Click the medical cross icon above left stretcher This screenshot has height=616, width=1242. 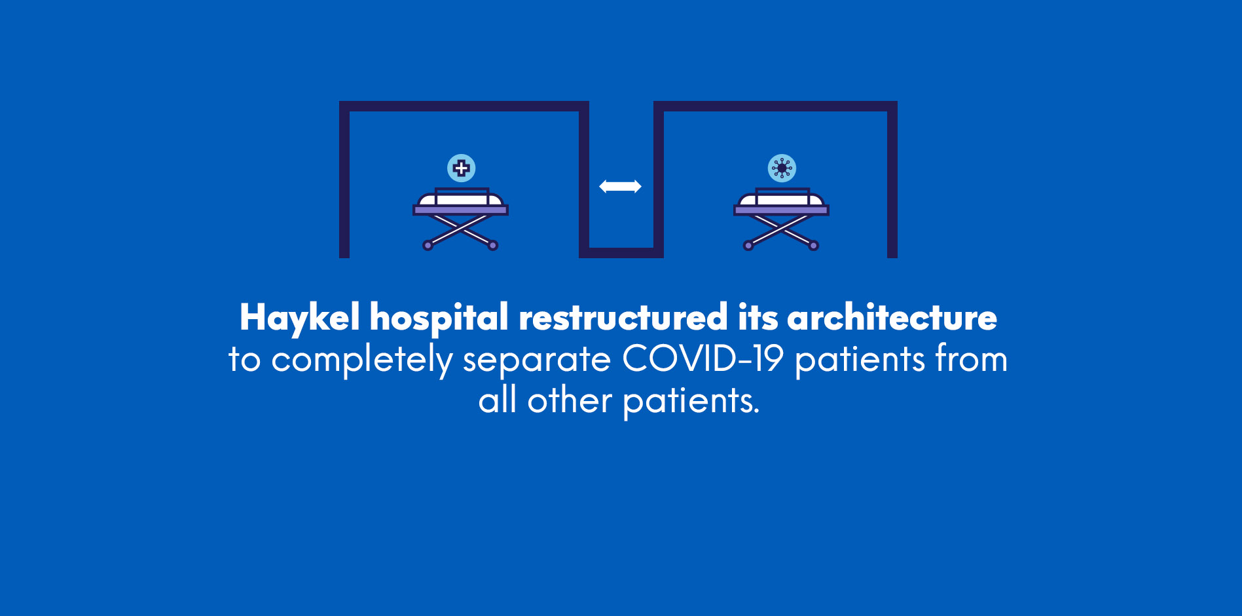point(461,168)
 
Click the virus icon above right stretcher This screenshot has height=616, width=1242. point(782,168)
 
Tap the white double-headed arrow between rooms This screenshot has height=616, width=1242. point(620,187)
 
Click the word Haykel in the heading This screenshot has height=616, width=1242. point(299,318)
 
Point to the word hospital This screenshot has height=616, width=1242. point(439,318)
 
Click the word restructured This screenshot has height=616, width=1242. point(623,318)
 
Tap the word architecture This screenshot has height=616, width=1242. point(892,318)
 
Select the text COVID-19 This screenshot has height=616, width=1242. point(703,359)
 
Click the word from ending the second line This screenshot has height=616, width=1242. point(971,359)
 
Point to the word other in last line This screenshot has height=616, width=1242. point(570,400)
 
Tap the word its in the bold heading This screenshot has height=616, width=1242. point(758,318)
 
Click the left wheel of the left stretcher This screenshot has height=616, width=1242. point(428,246)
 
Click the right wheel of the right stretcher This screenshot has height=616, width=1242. point(813,246)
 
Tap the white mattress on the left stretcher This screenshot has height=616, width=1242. point(460,199)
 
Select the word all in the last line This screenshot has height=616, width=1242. point(497,400)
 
